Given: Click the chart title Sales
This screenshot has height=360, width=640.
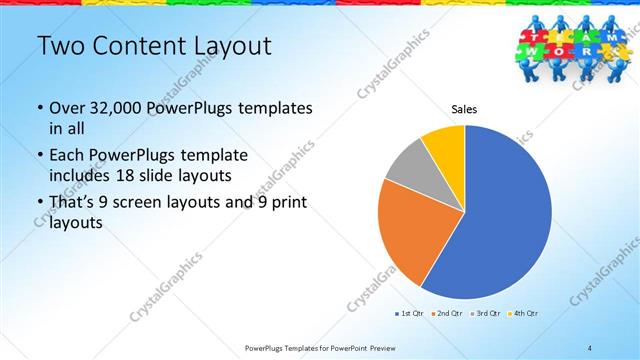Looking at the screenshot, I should tap(464, 109).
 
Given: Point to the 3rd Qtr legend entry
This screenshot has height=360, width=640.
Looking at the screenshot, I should tap(488, 314).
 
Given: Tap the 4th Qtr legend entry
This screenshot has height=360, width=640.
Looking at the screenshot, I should tap(526, 314).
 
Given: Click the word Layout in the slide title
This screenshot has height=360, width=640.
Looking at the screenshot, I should tap(224, 47).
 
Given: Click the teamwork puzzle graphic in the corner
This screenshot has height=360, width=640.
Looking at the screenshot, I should tap(575, 44).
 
